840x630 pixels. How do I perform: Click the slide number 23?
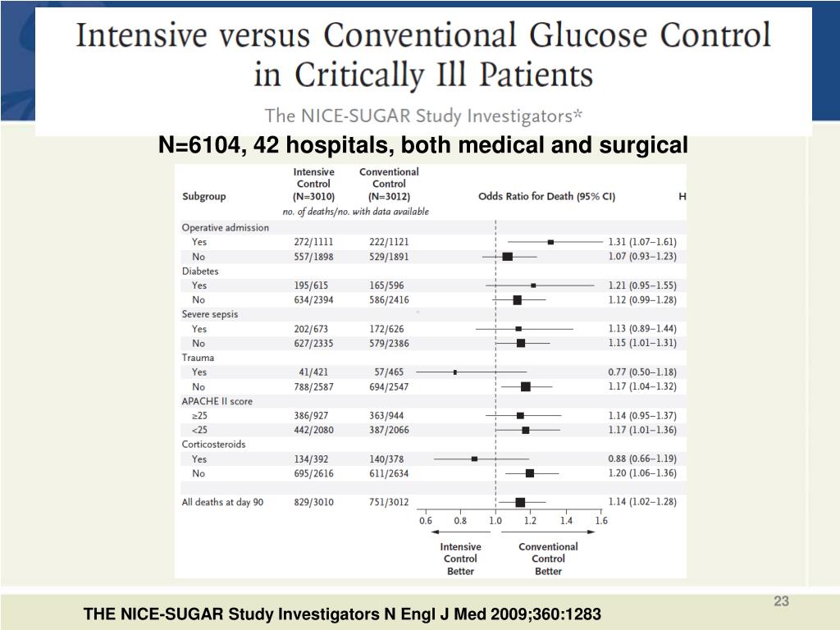click(781, 602)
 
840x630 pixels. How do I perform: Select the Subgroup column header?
click(203, 197)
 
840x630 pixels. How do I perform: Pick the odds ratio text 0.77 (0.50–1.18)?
click(641, 372)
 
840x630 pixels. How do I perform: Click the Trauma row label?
click(198, 358)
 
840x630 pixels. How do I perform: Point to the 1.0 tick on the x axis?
click(495, 520)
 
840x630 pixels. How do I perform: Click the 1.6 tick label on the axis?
click(601, 520)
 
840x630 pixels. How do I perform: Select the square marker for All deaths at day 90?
click(520, 502)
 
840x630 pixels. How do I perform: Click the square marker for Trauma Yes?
click(455, 372)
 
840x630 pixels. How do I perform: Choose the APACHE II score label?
click(217, 401)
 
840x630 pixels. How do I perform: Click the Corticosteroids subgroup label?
click(213, 444)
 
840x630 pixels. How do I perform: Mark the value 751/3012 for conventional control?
click(389, 502)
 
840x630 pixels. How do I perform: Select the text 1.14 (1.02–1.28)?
click(641, 502)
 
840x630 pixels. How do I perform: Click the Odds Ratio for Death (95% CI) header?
click(546, 197)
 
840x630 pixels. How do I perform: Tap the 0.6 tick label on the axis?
click(426, 520)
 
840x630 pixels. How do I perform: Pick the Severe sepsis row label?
click(209, 314)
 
